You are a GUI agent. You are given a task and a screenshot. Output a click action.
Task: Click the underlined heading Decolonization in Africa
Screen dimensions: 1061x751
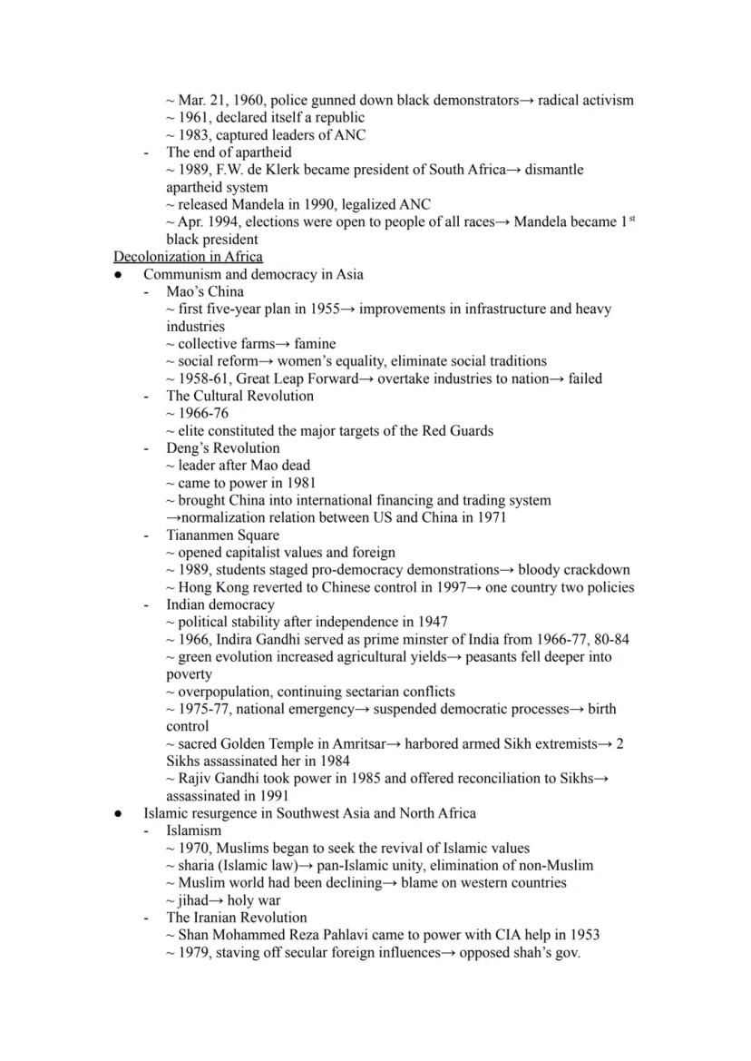(188, 257)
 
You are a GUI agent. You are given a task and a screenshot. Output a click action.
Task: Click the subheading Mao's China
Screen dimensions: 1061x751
(204, 291)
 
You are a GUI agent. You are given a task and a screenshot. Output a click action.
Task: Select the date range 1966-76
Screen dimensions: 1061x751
(203, 413)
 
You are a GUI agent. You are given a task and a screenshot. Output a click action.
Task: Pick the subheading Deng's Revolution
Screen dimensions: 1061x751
(222, 447)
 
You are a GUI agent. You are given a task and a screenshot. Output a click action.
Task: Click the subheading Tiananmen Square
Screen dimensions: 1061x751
(222, 535)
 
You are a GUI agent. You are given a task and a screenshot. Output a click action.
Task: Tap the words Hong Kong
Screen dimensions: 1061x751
(212, 587)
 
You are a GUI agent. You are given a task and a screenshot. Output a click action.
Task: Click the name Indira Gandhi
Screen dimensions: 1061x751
(259, 639)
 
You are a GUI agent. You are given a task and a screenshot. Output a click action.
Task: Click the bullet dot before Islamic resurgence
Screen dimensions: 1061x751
(119, 814)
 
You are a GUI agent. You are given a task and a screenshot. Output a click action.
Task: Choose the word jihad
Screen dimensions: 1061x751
(195, 900)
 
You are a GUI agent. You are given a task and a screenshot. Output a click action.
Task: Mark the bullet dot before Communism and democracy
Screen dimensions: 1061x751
(119, 275)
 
